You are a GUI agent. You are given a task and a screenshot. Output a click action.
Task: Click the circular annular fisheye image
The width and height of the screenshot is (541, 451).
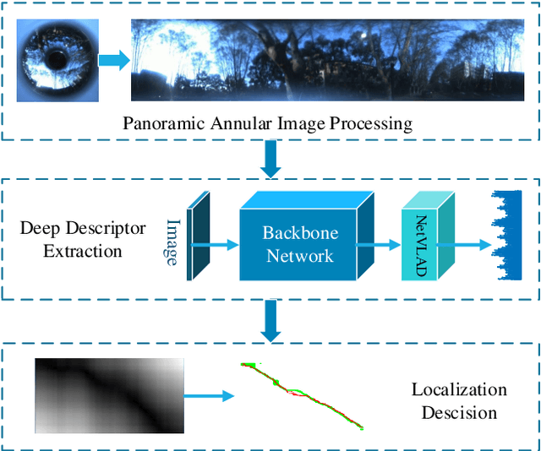point(57,60)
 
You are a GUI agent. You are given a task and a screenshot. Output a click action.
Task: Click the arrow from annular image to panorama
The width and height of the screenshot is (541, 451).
point(112,61)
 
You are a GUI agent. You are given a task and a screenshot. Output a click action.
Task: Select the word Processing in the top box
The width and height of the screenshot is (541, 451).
point(369,124)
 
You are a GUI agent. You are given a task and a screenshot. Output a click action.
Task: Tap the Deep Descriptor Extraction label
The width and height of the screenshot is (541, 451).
point(83,239)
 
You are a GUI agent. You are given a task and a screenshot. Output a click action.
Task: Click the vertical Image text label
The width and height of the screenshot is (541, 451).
point(172,242)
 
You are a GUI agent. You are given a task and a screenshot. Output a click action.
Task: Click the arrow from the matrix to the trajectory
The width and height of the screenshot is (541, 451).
point(208,395)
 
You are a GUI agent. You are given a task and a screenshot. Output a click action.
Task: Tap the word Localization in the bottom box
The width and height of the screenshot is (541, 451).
point(459,389)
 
